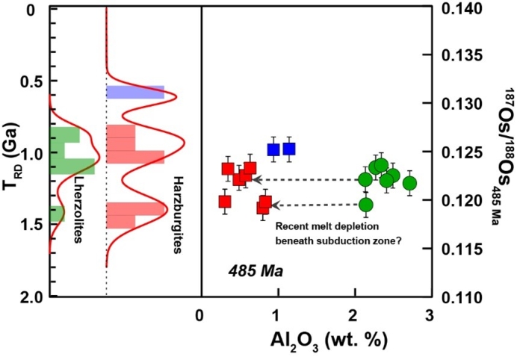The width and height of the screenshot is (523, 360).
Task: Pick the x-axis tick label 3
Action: pyautogui.click(x=429, y=314)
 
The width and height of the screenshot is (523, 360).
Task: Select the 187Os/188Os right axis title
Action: pyautogui.click(x=502, y=149)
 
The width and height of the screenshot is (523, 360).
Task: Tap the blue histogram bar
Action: pyautogui.click(x=134, y=92)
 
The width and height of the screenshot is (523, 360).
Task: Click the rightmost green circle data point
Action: pyautogui.click(x=409, y=183)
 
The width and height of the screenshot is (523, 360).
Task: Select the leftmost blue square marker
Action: pyautogui.click(x=273, y=149)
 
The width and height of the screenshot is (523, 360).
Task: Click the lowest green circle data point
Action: pyautogui.click(x=365, y=205)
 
